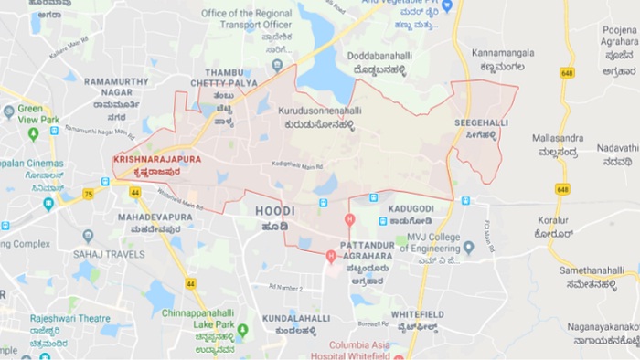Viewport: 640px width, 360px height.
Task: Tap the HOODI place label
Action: pyautogui.click(x=274, y=211)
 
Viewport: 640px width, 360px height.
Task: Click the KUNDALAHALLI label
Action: pyautogui.click(x=295, y=318)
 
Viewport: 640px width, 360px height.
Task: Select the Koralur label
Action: pyautogui.click(x=553, y=220)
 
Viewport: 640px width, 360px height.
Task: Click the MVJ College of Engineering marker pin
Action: pyautogui.click(x=468, y=246)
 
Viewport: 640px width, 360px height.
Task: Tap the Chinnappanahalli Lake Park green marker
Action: pyautogui.click(x=242, y=331)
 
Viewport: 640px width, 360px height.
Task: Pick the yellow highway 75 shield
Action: pyautogui.click(x=89, y=194)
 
